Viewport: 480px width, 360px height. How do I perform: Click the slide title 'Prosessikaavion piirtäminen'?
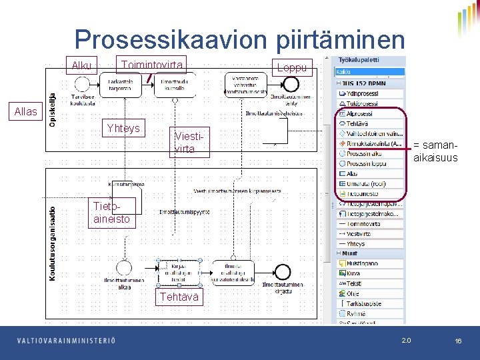[x=239, y=39]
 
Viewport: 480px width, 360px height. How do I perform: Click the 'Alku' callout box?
[x=83, y=65]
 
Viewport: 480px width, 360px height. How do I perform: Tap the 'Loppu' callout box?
[x=292, y=67]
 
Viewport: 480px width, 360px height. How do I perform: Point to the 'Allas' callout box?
[x=25, y=111]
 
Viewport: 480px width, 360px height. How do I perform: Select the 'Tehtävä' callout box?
[x=178, y=297]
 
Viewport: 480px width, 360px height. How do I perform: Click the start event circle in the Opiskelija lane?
[x=83, y=84]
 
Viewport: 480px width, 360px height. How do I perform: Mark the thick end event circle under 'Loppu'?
[x=291, y=84]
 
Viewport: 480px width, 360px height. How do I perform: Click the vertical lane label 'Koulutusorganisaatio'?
[x=53, y=241]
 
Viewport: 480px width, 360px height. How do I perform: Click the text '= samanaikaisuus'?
[x=435, y=151]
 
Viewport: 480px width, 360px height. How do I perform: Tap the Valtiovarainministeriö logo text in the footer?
[x=66, y=341]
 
